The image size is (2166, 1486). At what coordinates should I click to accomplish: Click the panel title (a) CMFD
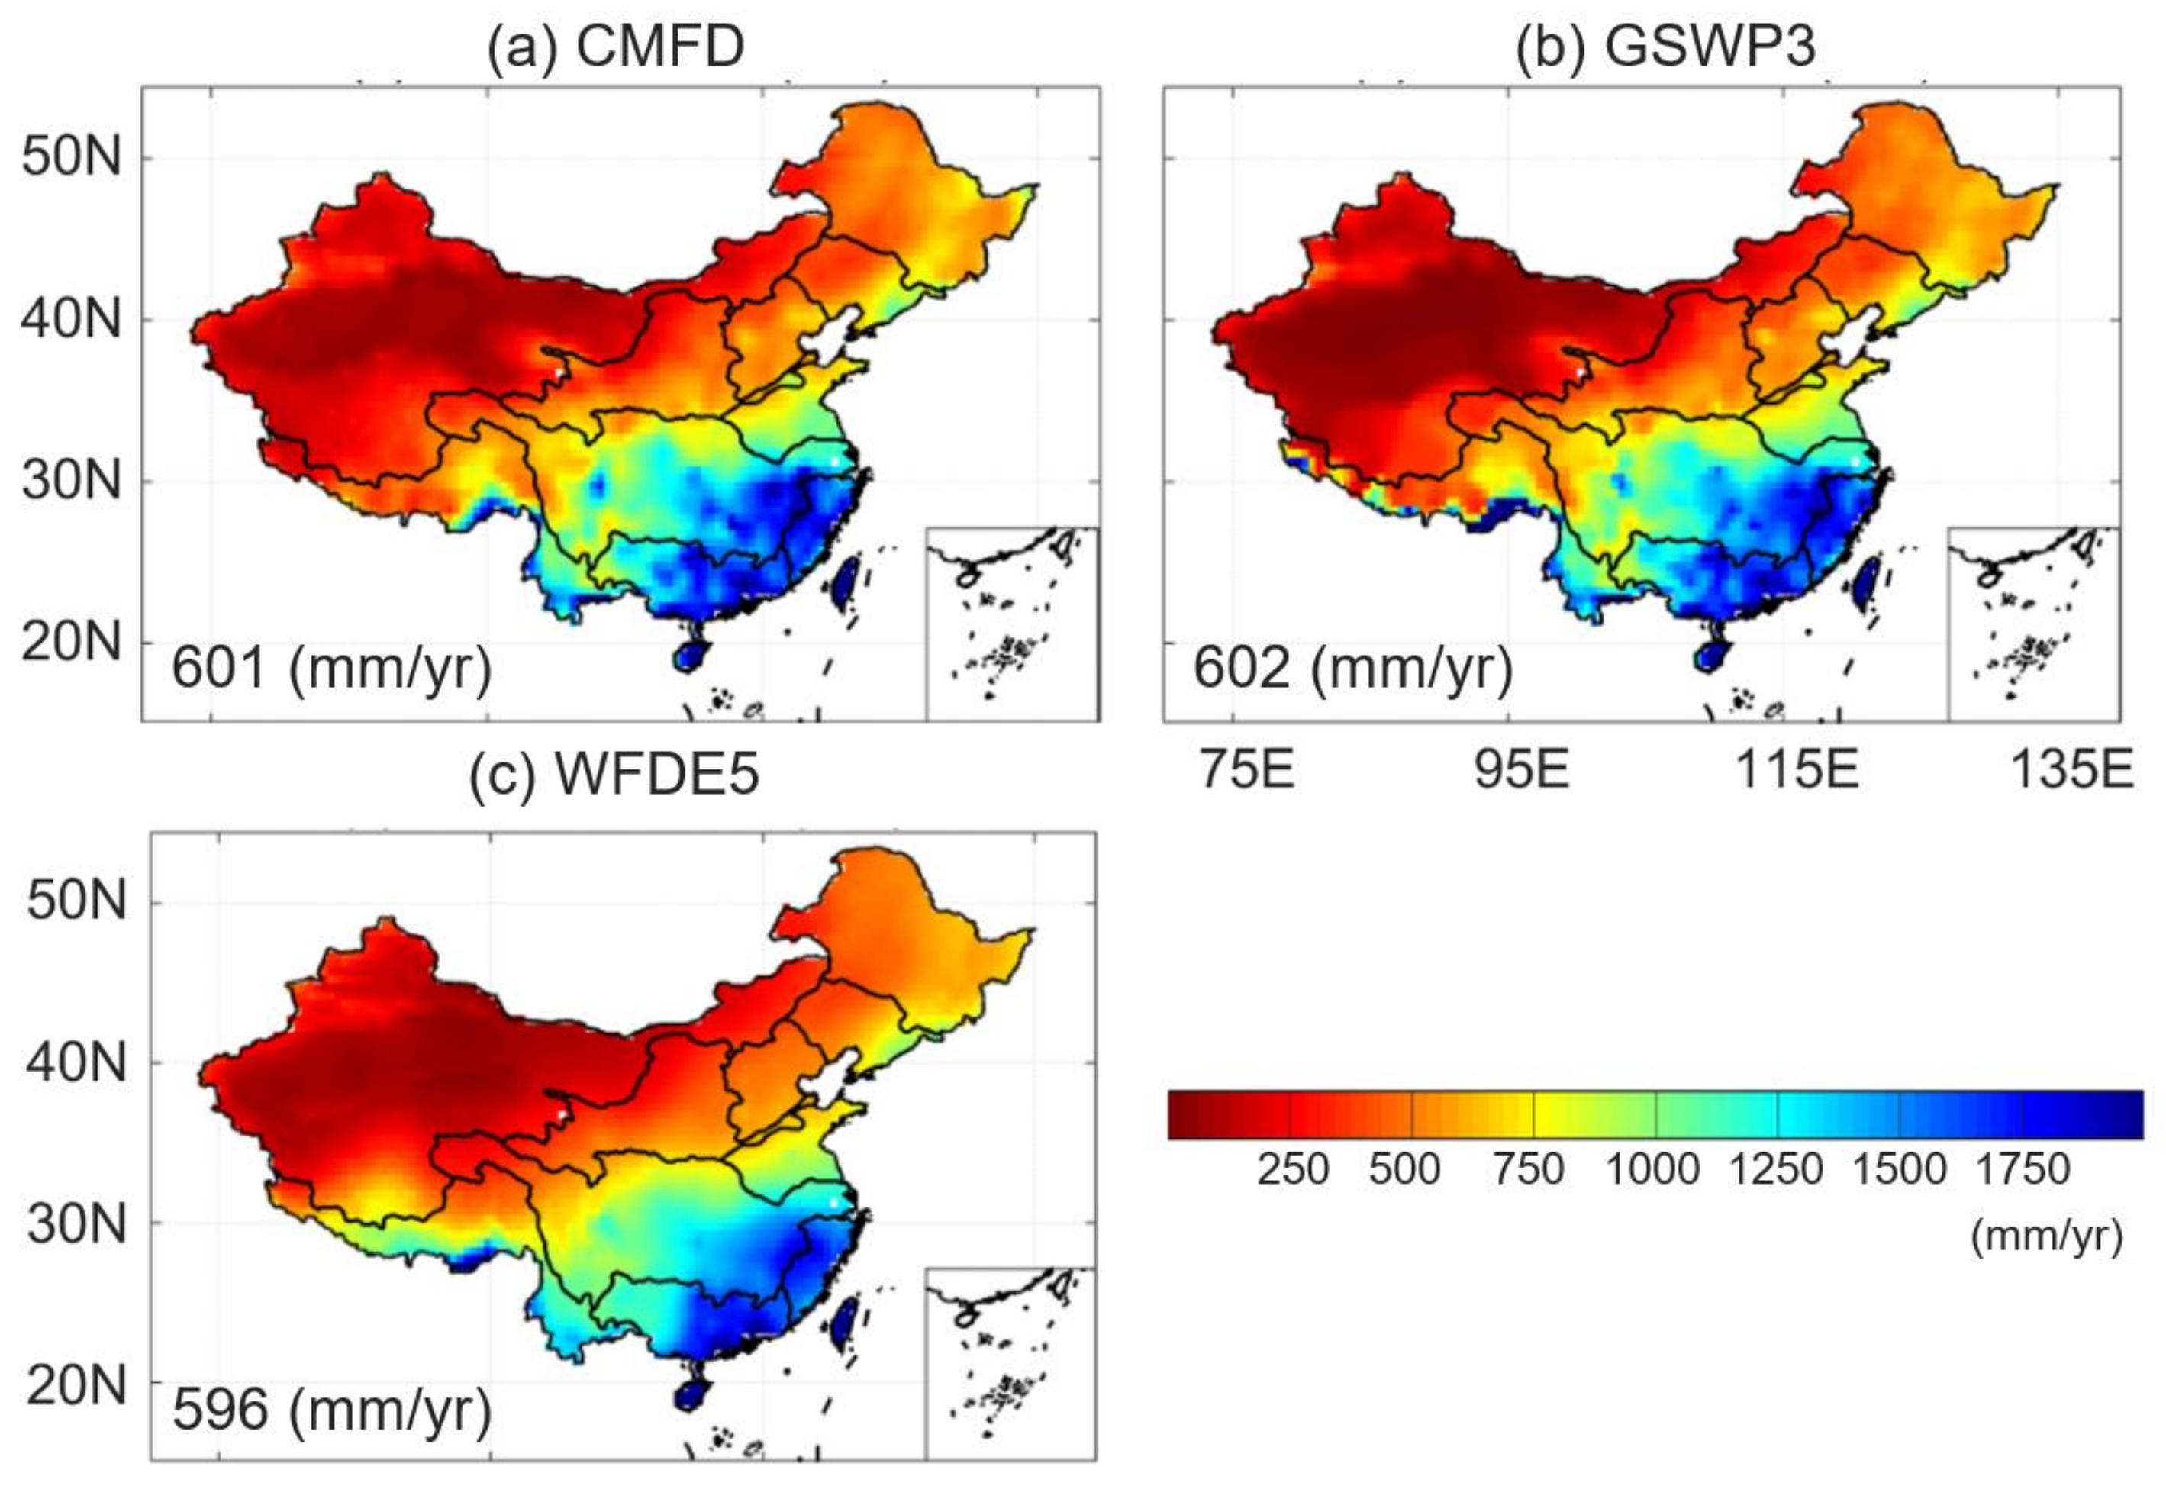(615, 47)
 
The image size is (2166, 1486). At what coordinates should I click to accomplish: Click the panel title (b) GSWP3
(1665, 47)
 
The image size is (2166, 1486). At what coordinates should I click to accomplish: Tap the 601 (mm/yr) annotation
(331, 669)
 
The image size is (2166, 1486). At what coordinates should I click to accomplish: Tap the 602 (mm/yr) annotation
(1352, 669)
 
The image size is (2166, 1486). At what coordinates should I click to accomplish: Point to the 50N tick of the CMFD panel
(72, 156)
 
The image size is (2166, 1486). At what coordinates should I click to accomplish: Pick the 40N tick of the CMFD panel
(72, 320)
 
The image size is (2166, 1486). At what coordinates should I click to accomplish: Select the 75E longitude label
(1246, 770)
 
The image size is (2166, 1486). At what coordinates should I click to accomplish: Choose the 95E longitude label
(1521, 770)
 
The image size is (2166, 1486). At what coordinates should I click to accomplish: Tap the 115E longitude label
(1797, 770)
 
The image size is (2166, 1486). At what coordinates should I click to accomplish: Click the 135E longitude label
(2071, 770)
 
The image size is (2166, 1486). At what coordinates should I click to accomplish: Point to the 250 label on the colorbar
(1292, 1169)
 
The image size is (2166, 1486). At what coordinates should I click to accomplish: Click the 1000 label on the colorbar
(1652, 1169)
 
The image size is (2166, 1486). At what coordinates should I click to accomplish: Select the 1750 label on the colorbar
(2023, 1169)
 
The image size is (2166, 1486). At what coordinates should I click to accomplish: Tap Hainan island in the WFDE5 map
(691, 1397)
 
